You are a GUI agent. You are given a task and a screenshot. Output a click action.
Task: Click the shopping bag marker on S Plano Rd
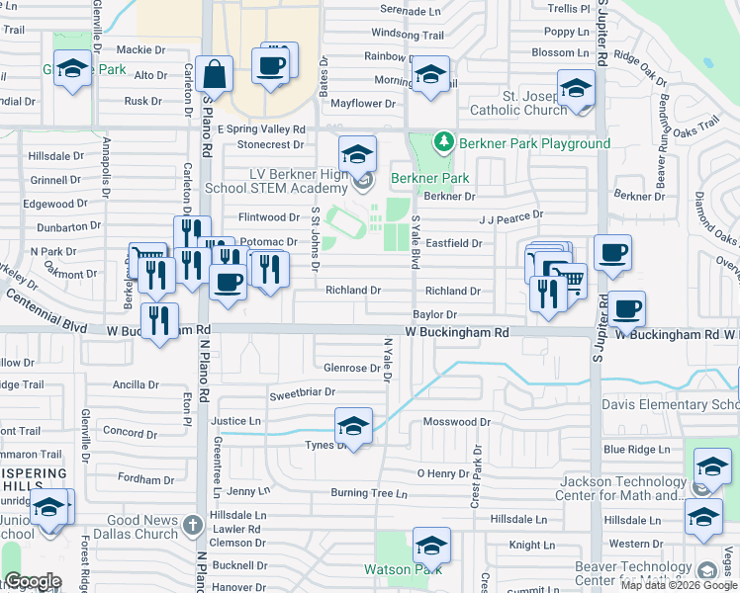[214, 74]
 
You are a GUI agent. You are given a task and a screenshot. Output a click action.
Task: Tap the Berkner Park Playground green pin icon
[444, 142]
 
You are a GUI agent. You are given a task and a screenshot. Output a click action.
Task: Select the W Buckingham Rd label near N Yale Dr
[457, 333]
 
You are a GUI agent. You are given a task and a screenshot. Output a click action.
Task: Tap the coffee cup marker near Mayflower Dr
[270, 66]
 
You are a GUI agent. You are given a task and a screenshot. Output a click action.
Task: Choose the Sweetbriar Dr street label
[303, 392]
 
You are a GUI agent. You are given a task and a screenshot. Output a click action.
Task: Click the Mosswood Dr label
[456, 422]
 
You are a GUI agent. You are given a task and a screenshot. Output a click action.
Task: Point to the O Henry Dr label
[442, 473]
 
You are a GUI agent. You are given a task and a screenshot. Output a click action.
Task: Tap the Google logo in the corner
[33, 581]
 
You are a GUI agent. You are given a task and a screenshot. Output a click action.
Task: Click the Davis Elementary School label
[671, 405]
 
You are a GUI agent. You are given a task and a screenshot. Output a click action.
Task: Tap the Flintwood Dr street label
[268, 217]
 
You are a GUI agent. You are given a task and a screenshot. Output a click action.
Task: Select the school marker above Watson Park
[431, 547]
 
